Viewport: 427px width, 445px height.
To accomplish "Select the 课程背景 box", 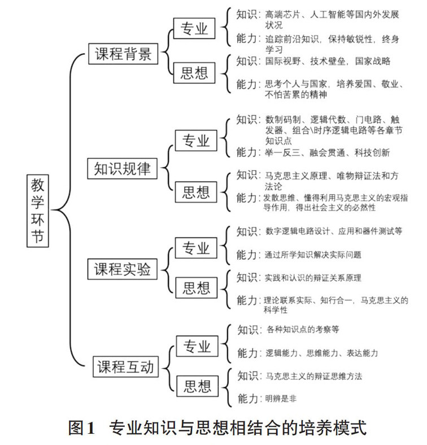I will point(122,54).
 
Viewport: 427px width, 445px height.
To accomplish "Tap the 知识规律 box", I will point(122,168).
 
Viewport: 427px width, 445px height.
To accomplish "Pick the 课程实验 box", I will point(122,270).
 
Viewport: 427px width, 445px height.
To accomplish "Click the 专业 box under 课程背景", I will point(194,29).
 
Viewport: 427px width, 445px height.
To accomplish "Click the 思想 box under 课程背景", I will point(194,73).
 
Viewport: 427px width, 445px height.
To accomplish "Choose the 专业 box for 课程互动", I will point(197,345).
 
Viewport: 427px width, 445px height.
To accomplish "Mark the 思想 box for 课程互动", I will point(197,386).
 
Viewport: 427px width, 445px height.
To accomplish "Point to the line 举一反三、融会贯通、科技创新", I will point(327,152).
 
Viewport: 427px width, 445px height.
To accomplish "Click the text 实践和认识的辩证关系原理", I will point(313,278).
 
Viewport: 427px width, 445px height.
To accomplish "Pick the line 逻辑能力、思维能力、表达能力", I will point(321,354).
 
